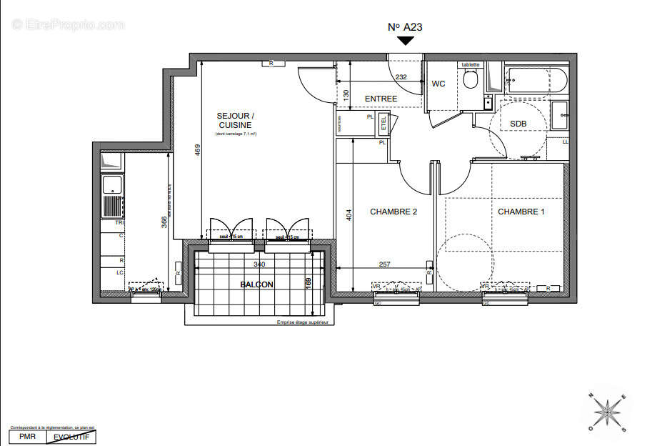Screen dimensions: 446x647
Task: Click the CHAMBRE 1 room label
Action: (x=521, y=212)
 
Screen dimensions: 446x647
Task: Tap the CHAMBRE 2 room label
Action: (x=393, y=212)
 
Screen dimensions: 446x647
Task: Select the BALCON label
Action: (x=256, y=284)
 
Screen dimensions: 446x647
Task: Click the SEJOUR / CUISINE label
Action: (x=235, y=120)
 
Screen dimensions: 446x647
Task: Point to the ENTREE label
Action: (x=381, y=99)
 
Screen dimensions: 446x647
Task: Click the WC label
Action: (x=438, y=84)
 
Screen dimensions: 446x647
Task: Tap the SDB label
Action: (x=518, y=124)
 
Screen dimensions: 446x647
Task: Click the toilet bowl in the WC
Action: (x=470, y=79)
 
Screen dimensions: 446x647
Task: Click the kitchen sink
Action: (x=112, y=186)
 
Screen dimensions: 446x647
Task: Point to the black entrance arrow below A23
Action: (x=406, y=41)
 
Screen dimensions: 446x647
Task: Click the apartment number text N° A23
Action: (x=405, y=26)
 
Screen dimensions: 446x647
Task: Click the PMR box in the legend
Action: (x=27, y=436)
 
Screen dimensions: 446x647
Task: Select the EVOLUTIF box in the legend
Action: (x=71, y=436)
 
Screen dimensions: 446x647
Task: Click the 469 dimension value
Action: (x=198, y=150)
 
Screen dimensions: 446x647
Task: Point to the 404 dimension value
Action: (x=349, y=214)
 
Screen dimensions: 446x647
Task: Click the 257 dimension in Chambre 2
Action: (x=384, y=264)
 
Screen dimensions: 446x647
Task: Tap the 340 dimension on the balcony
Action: (x=259, y=264)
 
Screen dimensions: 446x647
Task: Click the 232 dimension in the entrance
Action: (x=401, y=77)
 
